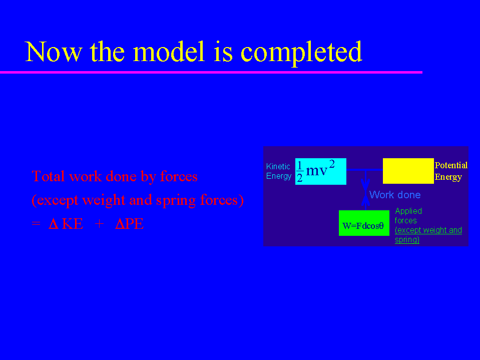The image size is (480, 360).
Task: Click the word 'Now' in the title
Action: (x=54, y=52)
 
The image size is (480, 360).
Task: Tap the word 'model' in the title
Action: (x=169, y=52)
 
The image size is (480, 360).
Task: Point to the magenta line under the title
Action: (x=211, y=72)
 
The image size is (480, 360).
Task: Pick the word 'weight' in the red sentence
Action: (x=104, y=200)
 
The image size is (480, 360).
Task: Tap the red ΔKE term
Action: (x=66, y=224)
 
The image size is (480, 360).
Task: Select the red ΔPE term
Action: (x=129, y=224)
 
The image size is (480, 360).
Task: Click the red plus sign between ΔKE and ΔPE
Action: (x=99, y=224)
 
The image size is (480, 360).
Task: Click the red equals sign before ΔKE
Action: (x=36, y=223)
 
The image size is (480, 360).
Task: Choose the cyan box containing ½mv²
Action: (x=320, y=171)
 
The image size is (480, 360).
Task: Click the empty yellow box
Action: (x=408, y=171)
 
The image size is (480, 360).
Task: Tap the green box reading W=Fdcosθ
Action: (x=364, y=223)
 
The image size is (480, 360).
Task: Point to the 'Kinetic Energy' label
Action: (x=279, y=171)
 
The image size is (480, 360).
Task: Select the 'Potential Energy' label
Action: (x=451, y=171)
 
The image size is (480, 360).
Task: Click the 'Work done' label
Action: (x=395, y=195)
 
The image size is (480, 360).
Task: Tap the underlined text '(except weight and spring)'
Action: (x=428, y=235)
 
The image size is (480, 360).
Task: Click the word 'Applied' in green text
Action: (x=408, y=211)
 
